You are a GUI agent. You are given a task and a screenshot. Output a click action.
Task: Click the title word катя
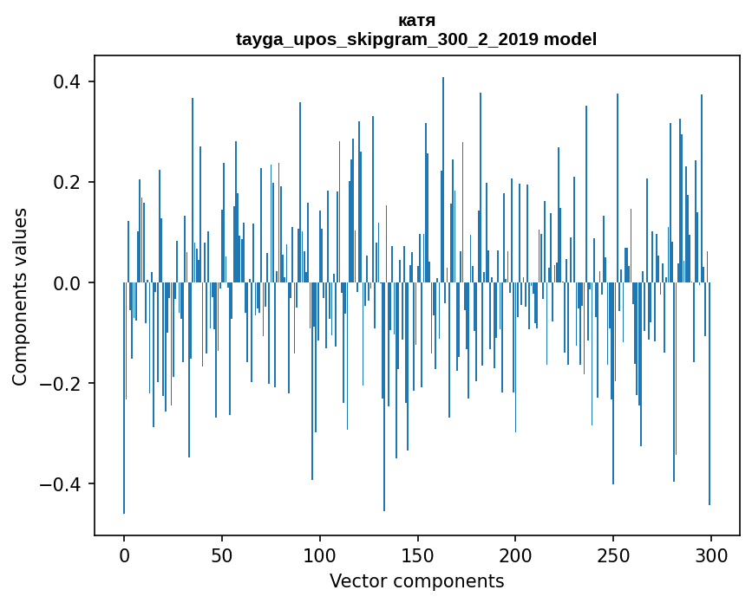click(x=416, y=21)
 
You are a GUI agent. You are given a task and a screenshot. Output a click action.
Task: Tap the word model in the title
click(x=570, y=40)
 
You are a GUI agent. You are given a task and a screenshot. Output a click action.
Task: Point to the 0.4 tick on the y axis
click(x=69, y=82)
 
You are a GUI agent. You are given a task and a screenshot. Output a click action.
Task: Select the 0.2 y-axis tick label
click(x=69, y=183)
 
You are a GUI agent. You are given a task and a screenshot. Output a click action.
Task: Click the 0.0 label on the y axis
click(x=69, y=283)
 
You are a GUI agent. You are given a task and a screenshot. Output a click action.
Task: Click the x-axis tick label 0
click(x=124, y=554)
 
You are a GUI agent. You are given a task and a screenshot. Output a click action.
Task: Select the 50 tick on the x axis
click(x=222, y=554)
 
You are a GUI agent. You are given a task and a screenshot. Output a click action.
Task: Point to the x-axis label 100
click(x=320, y=554)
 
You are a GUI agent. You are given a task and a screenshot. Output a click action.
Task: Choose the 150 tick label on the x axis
click(x=418, y=554)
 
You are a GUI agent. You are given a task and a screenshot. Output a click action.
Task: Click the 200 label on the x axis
click(x=515, y=554)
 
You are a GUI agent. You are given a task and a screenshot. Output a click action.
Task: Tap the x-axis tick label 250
click(x=613, y=554)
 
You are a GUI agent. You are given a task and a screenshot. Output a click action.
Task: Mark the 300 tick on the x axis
click(x=711, y=554)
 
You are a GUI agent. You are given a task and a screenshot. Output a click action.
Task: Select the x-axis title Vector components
click(x=416, y=580)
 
